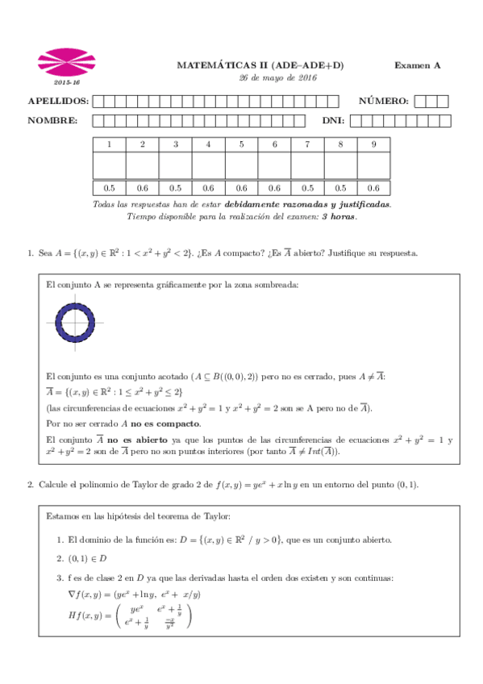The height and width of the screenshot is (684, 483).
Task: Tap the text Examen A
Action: [417, 65]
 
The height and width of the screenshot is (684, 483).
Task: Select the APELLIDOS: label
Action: [58, 101]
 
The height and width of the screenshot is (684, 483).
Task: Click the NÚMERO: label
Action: [384, 101]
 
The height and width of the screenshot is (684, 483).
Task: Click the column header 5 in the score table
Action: [241, 144]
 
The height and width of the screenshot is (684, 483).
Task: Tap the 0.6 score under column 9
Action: [373, 187]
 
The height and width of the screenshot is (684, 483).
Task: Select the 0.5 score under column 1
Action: [110, 187]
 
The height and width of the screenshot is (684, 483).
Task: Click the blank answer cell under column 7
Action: [307, 165]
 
